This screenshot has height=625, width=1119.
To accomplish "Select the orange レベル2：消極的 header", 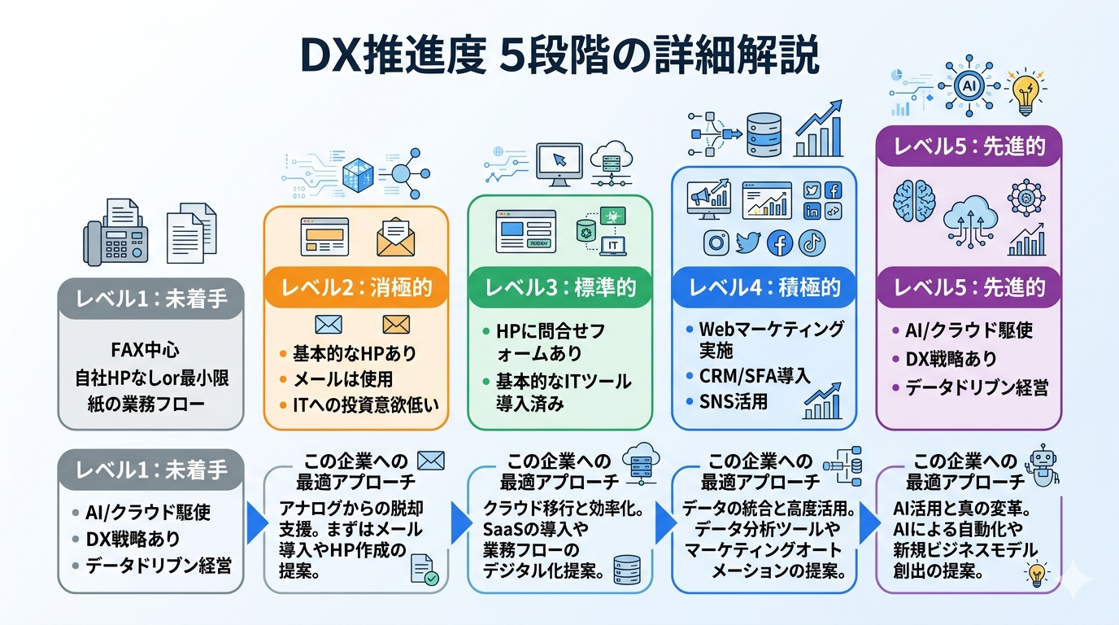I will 355,287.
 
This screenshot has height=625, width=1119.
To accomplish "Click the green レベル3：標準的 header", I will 559,287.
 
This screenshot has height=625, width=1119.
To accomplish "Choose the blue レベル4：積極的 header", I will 764,287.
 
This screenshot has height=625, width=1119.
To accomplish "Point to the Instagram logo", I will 716,243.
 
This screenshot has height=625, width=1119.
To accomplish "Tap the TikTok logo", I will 812,243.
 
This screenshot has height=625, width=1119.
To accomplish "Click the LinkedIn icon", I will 812,211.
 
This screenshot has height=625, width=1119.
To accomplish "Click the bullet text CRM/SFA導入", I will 755,376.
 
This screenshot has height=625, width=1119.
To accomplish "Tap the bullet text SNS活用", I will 734,401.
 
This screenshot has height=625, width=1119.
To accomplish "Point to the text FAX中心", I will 145,352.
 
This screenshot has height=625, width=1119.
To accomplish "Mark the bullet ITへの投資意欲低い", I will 359,404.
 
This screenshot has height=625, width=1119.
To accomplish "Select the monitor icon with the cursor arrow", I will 559,162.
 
